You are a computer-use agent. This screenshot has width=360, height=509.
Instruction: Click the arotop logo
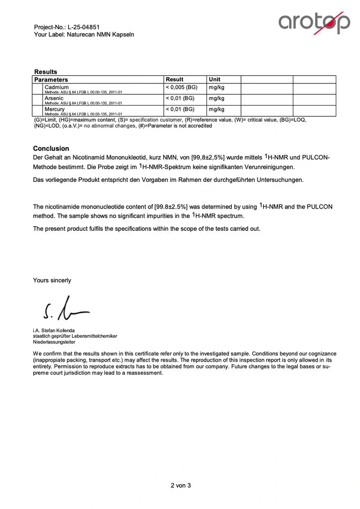[x=314, y=23]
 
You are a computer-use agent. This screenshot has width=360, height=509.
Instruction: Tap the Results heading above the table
[x=45, y=72]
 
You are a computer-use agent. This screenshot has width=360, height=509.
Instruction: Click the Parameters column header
[x=51, y=80]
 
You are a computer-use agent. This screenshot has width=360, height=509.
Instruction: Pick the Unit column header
[x=215, y=79]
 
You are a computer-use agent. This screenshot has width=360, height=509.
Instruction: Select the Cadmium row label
[x=57, y=87]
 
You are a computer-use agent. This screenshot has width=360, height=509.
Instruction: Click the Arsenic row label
[x=54, y=98]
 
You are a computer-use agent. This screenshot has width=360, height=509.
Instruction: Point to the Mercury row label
[x=55, y=109]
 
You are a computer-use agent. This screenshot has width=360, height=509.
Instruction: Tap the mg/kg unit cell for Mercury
[x=217, y=109]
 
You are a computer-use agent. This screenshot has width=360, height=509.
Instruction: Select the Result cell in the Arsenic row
[x=180, y=98]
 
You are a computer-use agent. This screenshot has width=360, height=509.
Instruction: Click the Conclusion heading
[x=51, y=148]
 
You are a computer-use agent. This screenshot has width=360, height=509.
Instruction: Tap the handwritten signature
[x=66, y=309]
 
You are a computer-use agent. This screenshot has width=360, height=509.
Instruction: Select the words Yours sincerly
[x=52, y=280]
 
